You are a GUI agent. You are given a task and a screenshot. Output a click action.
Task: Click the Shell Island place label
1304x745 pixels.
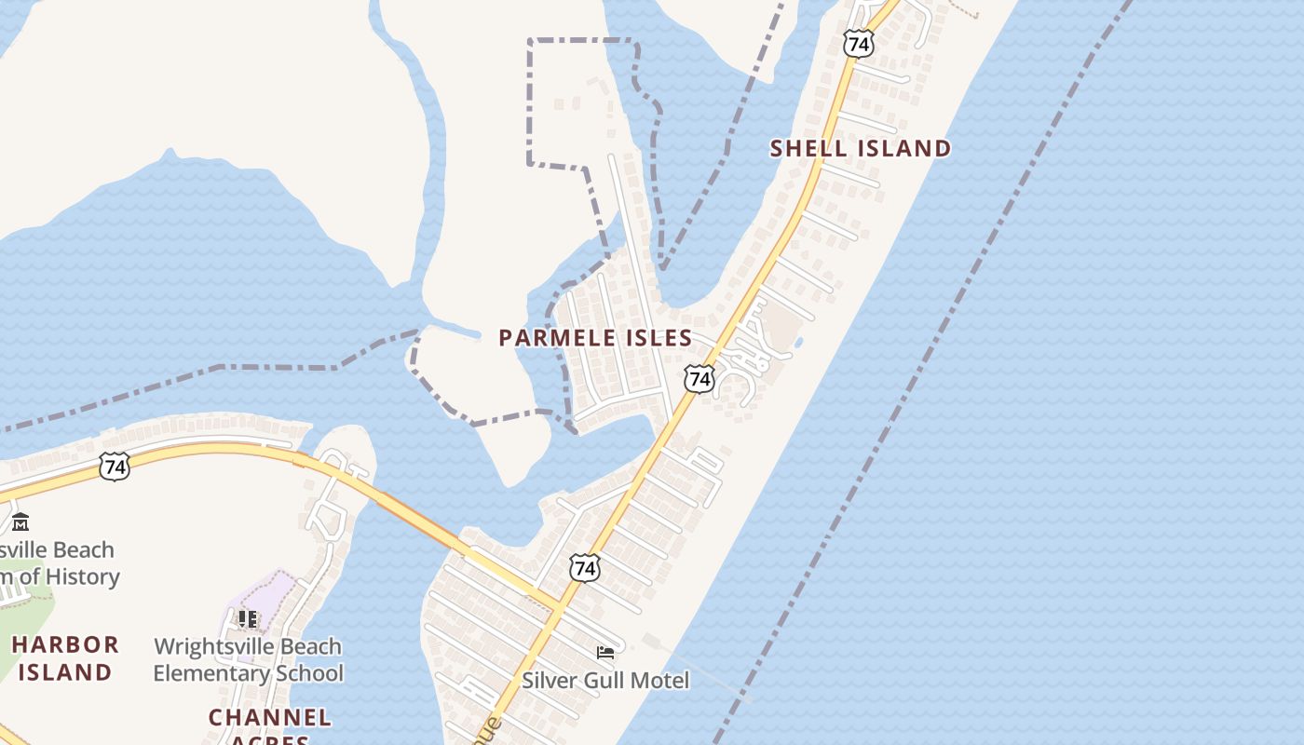(x=861, y=148)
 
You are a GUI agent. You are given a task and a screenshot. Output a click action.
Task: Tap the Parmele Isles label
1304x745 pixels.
(x=595, y=338)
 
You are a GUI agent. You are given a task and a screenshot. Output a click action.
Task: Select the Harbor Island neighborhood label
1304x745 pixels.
(x=65, y=657)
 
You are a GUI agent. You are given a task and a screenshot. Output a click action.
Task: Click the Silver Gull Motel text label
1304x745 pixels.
(x=605, y=681)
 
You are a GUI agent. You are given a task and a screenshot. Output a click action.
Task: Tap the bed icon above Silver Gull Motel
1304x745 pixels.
(x=605, y=653)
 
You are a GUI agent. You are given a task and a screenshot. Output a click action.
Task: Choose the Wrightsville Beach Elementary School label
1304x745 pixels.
(x=248, y=659)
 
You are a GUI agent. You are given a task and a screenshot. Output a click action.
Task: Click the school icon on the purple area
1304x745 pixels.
(x=248, y=618)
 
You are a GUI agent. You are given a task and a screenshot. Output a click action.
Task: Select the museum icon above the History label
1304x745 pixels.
(x=20, y=521)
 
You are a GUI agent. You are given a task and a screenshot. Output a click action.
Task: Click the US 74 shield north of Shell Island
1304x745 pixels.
(x=859, y=43)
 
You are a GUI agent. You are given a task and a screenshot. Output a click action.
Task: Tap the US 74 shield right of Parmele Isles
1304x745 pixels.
(x=699, y=377)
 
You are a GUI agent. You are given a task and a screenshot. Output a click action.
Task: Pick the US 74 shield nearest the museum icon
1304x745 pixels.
(x=114, y=467)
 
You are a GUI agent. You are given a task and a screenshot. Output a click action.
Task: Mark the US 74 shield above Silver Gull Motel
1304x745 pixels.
(x=585, y=567)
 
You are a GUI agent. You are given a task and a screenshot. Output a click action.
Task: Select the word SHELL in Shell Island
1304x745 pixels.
(x=809, y=148)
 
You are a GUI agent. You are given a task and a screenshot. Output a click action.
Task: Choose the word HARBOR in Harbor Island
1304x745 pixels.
(x=65, y=644)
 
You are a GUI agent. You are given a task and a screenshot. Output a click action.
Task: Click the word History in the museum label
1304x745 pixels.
(x=83, y=577)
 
